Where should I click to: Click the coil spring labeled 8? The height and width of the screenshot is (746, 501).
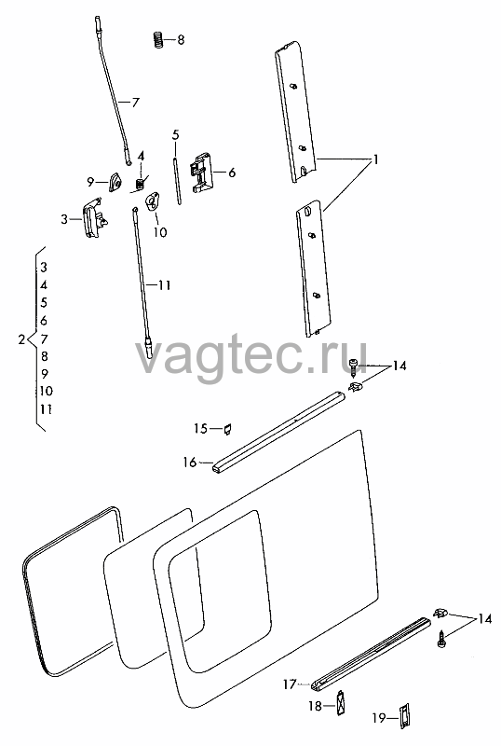point(158,39)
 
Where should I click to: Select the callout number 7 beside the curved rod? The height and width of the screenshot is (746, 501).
point(135,102)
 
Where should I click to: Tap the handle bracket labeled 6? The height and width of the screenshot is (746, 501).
point(202,173)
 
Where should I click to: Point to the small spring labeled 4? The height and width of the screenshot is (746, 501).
point(141,183)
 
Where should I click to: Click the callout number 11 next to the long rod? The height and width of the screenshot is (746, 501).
point(164,285)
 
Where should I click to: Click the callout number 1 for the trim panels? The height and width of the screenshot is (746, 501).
point(375,159)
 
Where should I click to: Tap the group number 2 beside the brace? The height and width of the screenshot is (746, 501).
point(20,339)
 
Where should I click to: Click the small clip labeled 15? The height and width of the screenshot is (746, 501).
point(227,429)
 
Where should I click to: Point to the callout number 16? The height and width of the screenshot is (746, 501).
point(190,462)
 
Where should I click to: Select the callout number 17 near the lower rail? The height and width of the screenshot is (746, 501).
point(290,684)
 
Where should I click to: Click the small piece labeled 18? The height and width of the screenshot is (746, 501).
point(341,703)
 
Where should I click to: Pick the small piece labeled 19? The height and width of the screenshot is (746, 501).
point(404,715)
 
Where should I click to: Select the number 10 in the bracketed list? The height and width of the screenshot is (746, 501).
point(47,391)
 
